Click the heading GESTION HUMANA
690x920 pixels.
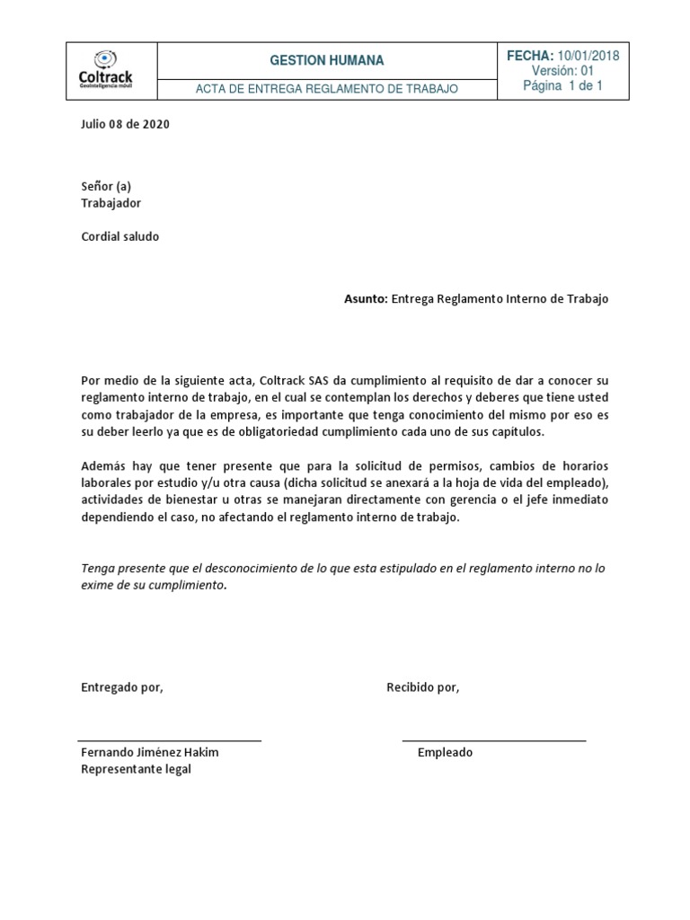click(326, 60)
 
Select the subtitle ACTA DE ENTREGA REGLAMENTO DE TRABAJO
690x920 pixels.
click(327, 89)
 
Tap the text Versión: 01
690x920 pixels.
click(562, 71)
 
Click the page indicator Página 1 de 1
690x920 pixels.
click(562, 86)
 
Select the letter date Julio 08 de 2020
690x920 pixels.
click(125, 124)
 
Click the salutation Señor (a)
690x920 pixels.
click(106, 186)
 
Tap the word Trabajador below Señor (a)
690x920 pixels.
click(111, 203)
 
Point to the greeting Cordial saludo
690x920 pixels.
click(120, 236)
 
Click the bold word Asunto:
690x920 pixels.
click(366, 298)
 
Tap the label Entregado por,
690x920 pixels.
click(122, 687)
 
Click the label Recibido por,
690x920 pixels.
click(422, 687)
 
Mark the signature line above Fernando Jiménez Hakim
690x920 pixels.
click(170, 740)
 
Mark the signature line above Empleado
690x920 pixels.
click(493, 740)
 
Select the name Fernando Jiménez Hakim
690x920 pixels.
click(150, 753)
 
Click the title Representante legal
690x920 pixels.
click(136, 770)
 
